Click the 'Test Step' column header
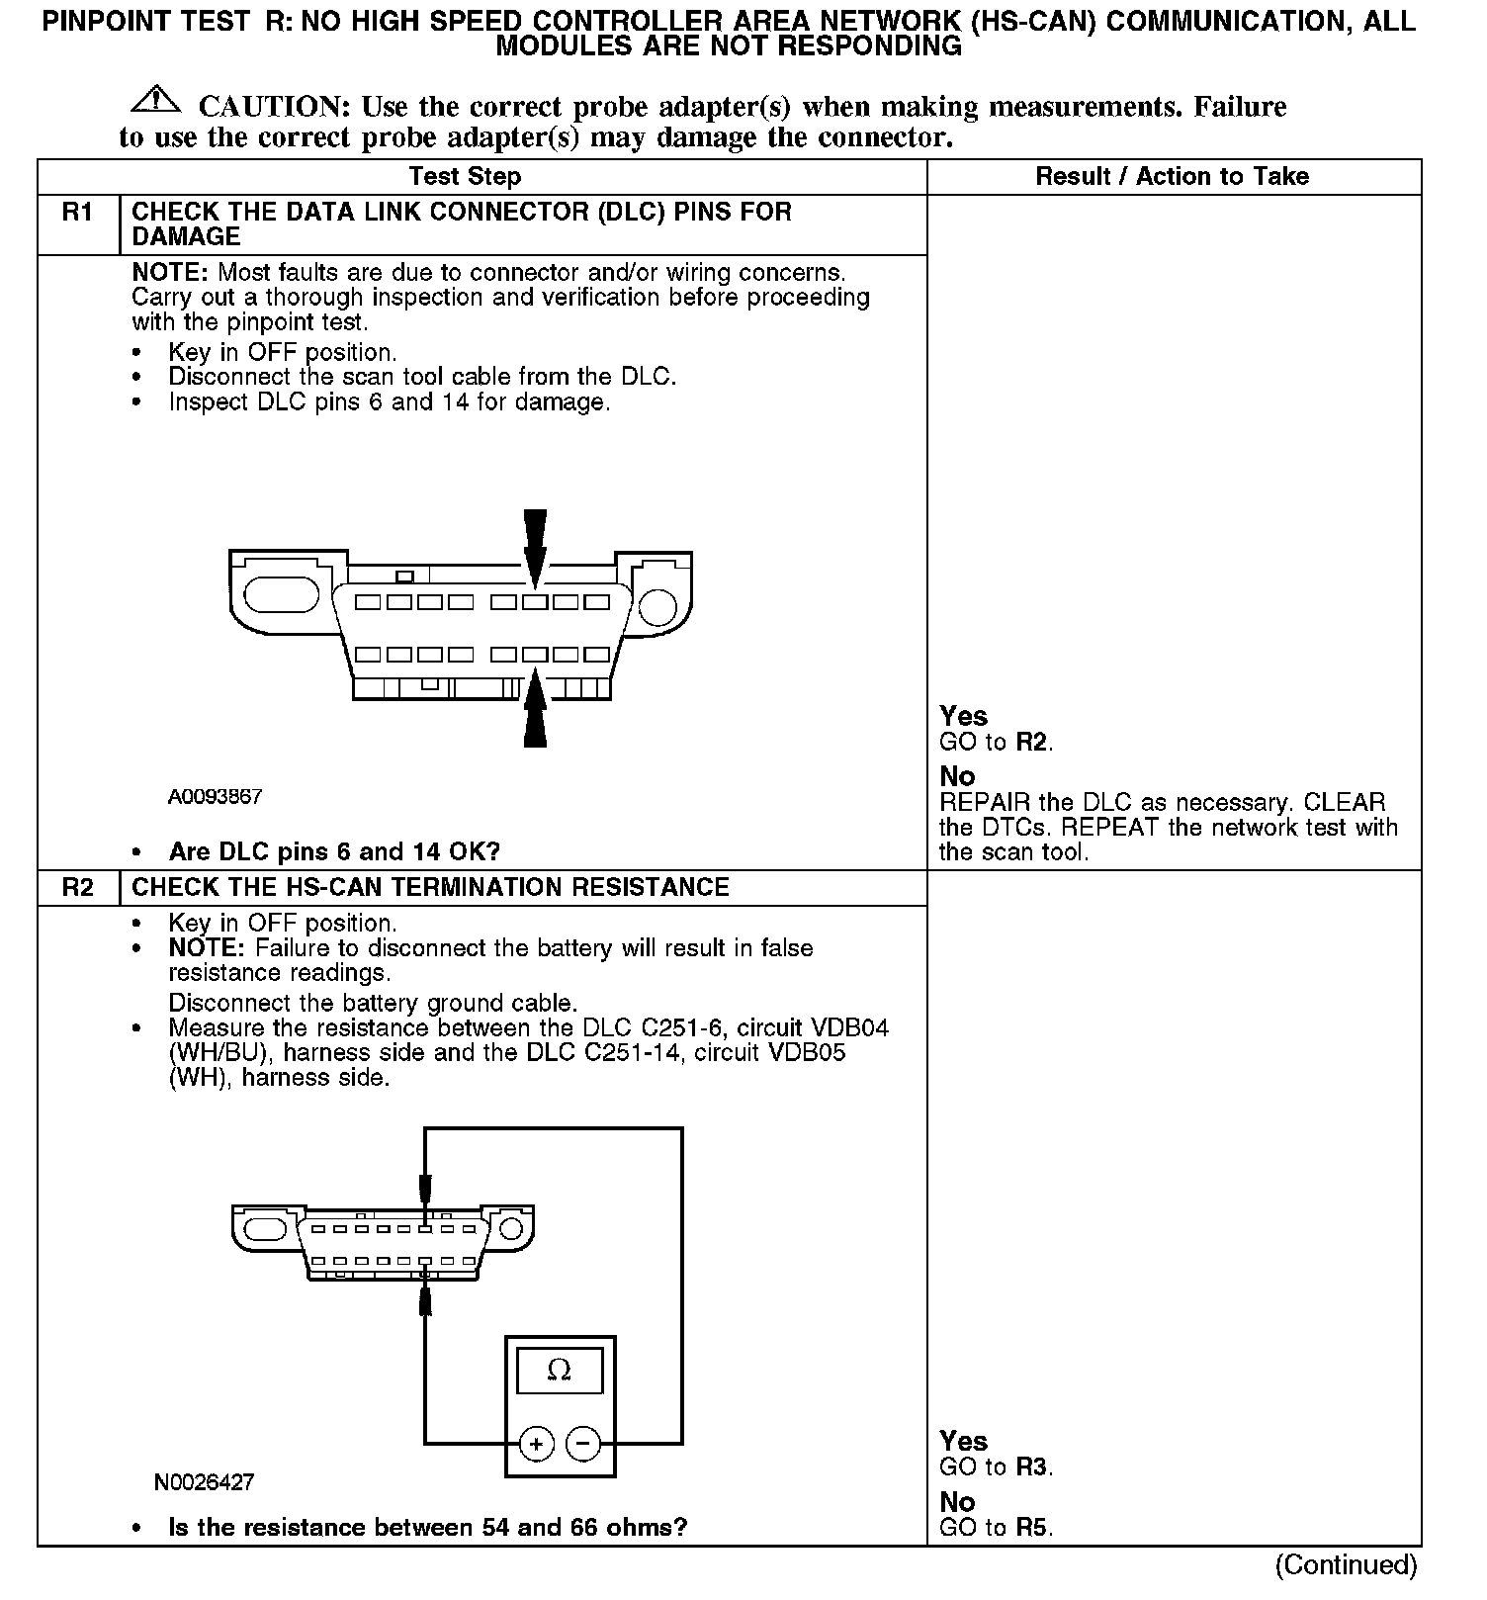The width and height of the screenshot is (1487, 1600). (x=465, y=177)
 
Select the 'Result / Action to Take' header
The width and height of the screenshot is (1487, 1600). (x=1172, y=177)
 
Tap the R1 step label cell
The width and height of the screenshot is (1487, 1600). (x=78, y=213)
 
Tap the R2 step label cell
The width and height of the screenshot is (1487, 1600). (x=78, y=888)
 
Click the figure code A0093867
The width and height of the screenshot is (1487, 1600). (x=215, y=796)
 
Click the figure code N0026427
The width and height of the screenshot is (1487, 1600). (x=204, y=1482)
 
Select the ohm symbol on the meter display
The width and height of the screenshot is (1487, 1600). (x=559, y=1370)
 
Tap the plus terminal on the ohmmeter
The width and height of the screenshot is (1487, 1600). (x=536, y=1445)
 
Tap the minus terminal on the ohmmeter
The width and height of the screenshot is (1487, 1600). (x=582, y=1445)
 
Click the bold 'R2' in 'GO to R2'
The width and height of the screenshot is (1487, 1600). (x=1031, y=743)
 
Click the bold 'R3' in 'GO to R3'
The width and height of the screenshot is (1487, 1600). (x=1031, y=1467)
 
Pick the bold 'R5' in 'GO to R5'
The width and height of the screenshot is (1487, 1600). (x=1031, y=1528)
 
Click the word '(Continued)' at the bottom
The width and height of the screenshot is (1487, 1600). (x=1346, y=1565)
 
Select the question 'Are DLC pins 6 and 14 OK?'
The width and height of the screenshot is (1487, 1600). (x=334, y=852)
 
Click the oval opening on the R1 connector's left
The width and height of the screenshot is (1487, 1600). (x=281, y=595)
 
